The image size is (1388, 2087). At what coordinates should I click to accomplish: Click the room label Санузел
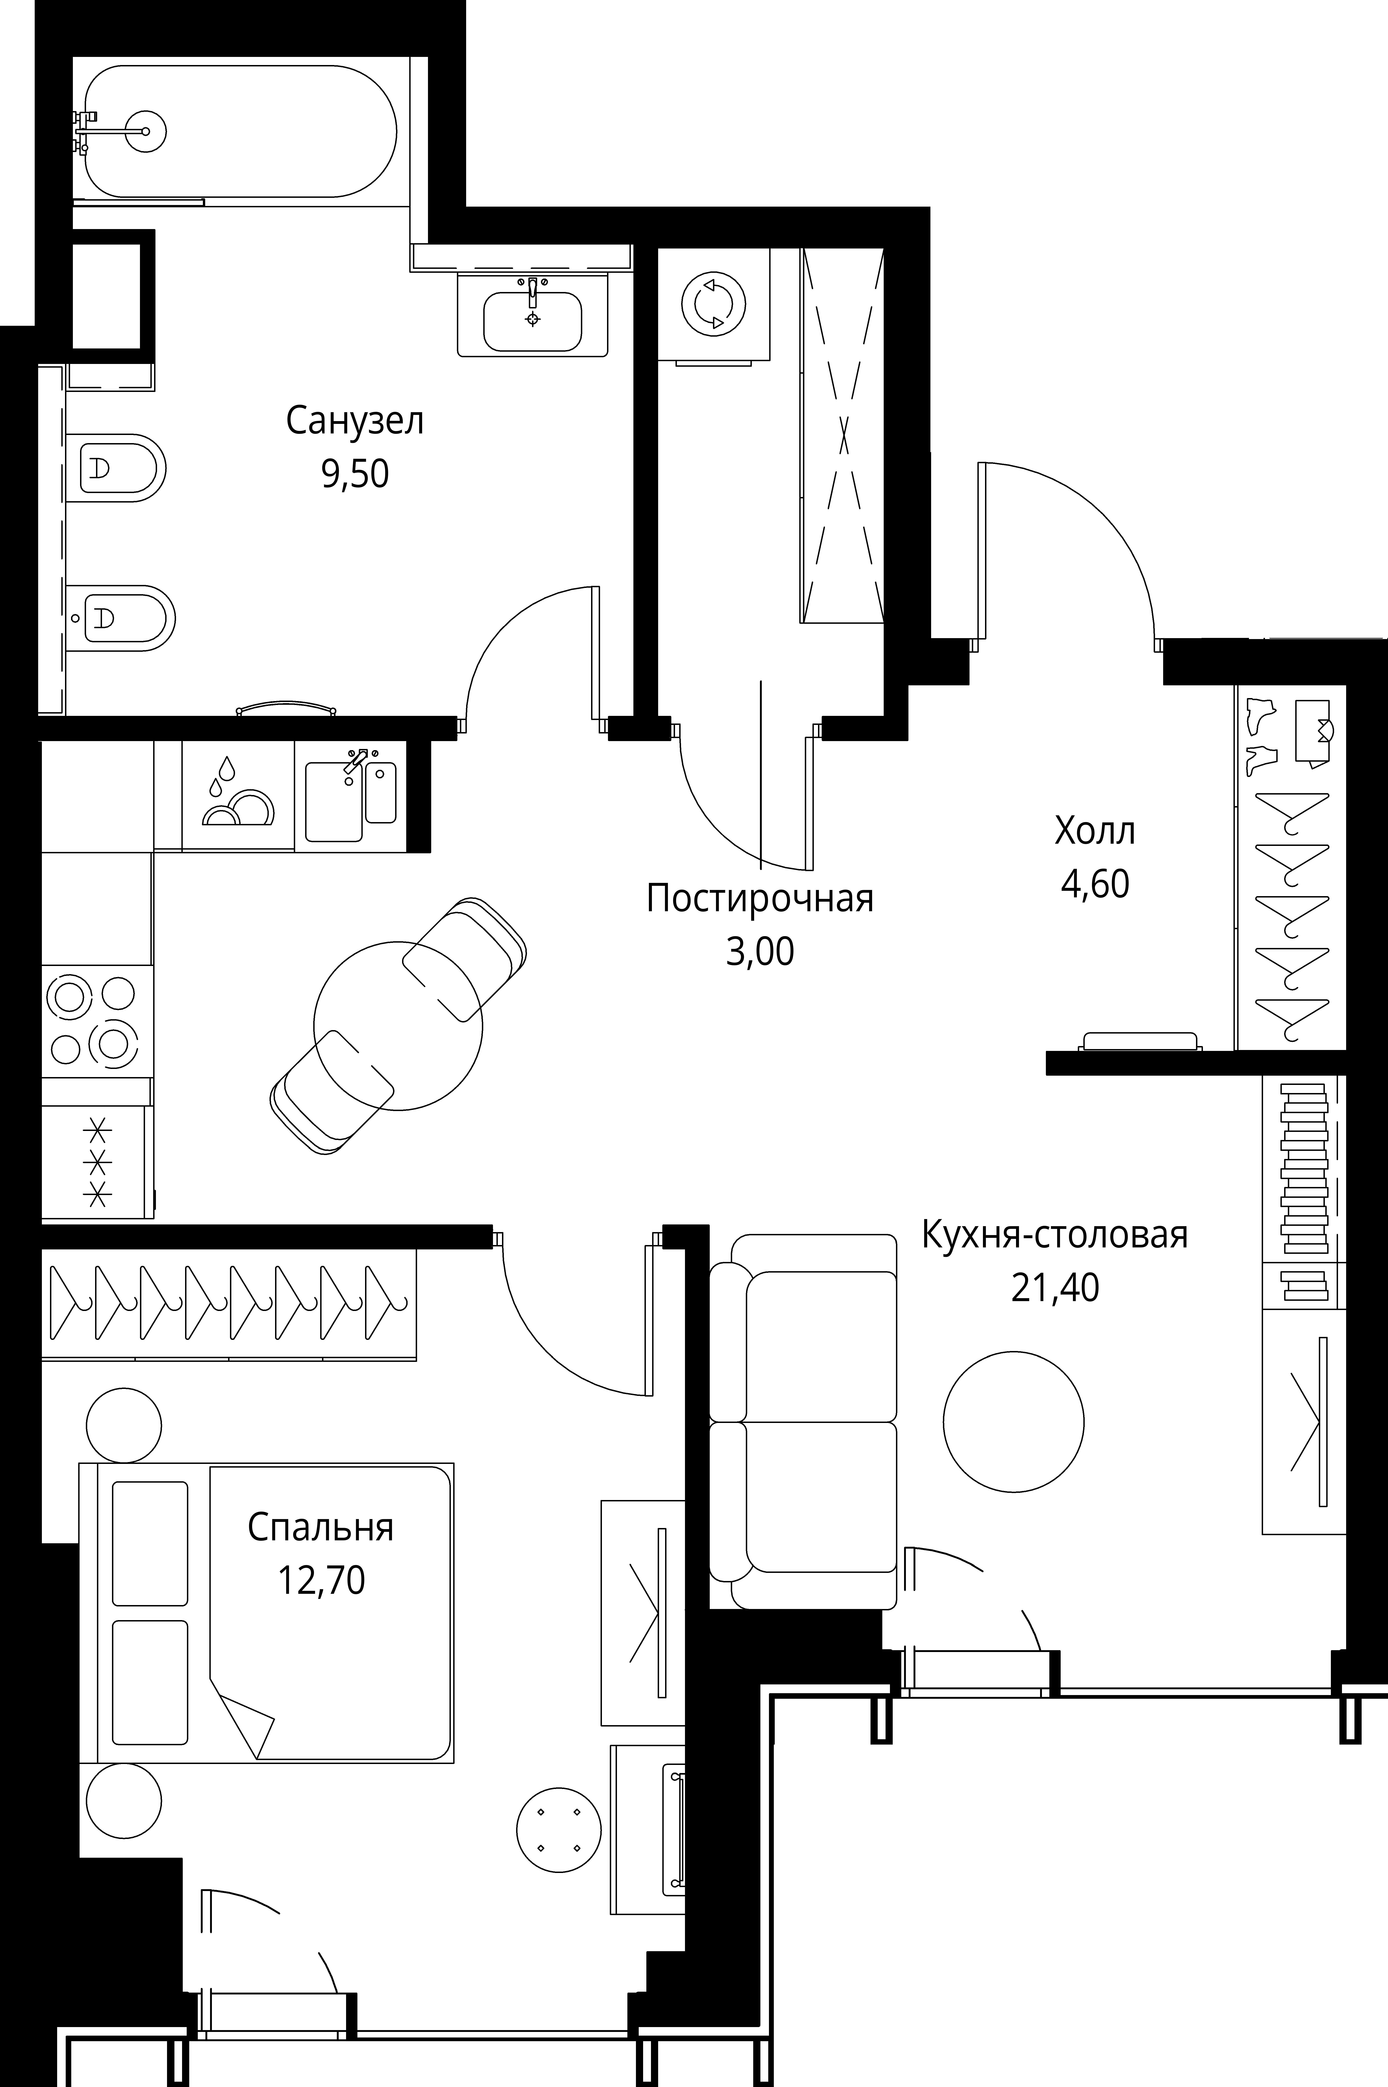354,422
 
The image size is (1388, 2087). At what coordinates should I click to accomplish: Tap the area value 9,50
354,475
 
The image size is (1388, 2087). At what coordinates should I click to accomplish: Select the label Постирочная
759,899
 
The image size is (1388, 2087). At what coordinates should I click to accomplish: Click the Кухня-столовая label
1054,1234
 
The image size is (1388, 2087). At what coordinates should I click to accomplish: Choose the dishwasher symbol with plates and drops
237,794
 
